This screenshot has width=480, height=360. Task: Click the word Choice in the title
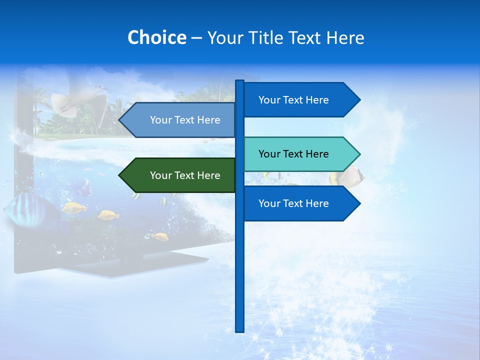[156, 37]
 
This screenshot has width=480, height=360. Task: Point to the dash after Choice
[196, 38]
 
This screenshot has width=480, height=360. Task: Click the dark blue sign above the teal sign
[300, 100]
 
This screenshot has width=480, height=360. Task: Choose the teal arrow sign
[300, 154]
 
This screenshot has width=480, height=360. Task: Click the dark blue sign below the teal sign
[300, 203]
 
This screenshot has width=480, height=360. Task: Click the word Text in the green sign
[185, 175]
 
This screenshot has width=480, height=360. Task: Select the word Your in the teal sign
[269, 154]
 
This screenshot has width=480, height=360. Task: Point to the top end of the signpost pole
[239, 81]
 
